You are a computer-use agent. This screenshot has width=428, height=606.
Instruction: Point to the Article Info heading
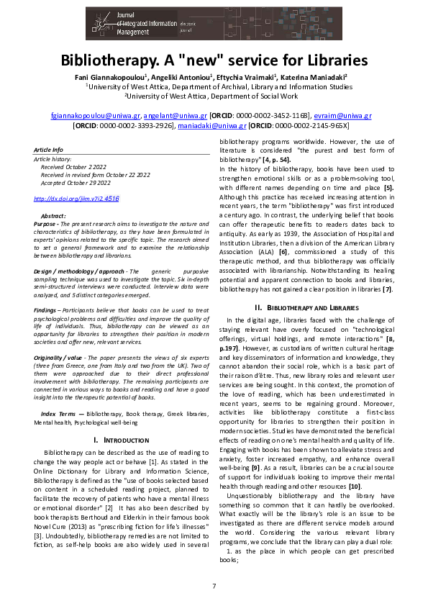[x=49, y=149]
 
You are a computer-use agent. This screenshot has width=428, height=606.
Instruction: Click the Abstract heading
[x=54, y=216]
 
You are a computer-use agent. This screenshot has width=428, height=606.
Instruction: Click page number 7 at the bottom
[x=214, y=586]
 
